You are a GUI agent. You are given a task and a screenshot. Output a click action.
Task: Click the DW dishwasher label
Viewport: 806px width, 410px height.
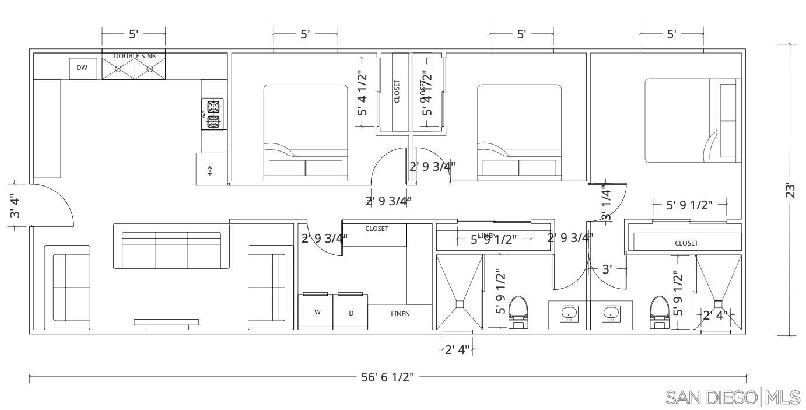[82, 68]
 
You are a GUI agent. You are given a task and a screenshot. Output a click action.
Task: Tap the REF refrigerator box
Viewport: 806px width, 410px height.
[210, 170]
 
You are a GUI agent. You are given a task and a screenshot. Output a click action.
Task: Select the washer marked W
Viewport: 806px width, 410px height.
[317, 312]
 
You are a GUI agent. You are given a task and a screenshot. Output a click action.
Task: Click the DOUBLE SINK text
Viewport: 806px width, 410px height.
[134, 56]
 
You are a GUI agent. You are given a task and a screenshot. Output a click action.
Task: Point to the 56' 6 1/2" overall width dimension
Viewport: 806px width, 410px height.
[387, 377]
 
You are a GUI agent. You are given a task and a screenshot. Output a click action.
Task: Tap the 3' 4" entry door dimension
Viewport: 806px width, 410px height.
[16, 206]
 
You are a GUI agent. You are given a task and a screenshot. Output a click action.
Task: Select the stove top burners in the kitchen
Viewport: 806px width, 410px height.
[212, 114]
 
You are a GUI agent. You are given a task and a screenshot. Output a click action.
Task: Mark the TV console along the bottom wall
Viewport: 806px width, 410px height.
[166, 323]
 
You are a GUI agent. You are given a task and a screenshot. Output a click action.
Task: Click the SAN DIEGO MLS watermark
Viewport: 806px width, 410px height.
[733, 398]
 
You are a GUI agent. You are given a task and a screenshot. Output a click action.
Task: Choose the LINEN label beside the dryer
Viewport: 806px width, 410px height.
[400, 314]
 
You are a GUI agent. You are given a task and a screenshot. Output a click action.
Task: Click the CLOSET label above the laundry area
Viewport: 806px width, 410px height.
[377, 229]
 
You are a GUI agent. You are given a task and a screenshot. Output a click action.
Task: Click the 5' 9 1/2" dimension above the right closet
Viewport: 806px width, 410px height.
[689, 205]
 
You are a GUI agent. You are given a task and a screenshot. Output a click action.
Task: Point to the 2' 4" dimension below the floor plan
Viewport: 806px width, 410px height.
[457, 350]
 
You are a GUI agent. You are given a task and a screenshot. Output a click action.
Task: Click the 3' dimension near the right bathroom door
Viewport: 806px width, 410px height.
[607, 269]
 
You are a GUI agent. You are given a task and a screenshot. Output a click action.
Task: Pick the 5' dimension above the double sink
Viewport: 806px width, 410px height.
[134, 34]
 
